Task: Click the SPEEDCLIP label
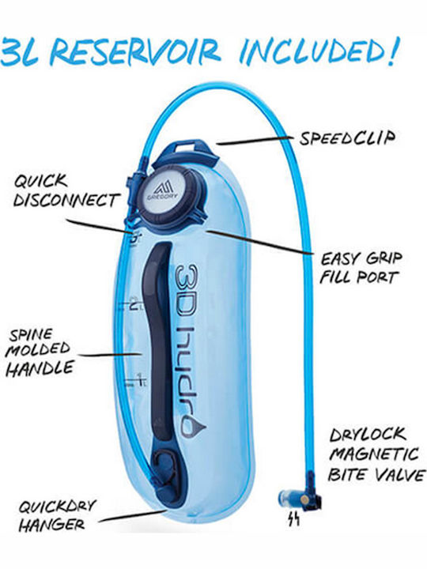click(x=347, y=138)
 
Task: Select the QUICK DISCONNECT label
click(x=66, y=190)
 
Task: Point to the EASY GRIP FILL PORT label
click(x=361, y=267)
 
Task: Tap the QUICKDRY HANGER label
click(x=57, y=515)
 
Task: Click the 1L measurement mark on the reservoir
click(x=135, y=380)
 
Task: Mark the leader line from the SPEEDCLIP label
click(x=255, y=141)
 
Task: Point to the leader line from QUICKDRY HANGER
click(x=133, y=515)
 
